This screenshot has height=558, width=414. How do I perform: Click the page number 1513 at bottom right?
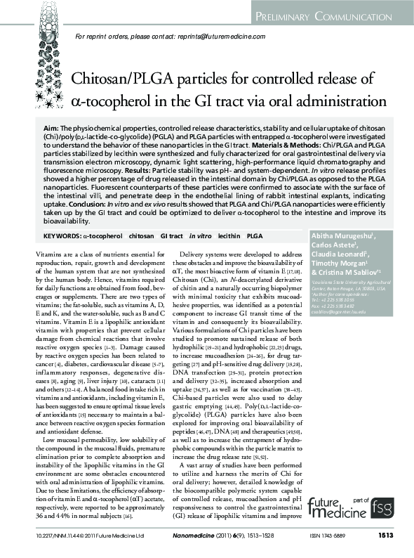click(385, 536)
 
